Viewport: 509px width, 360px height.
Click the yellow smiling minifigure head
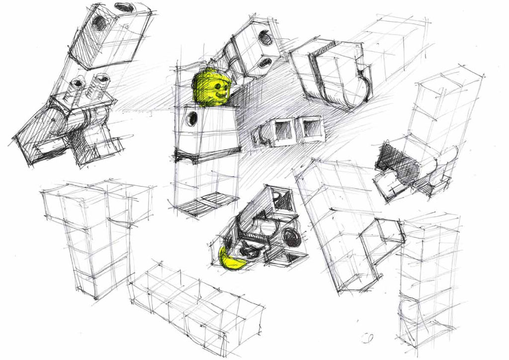click(x=210, y=88)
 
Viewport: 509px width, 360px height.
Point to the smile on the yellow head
click(x=219, y=93)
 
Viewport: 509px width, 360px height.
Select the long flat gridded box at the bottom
click(x=196, y=303)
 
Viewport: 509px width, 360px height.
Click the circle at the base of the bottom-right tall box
click(x=409, y=310)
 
